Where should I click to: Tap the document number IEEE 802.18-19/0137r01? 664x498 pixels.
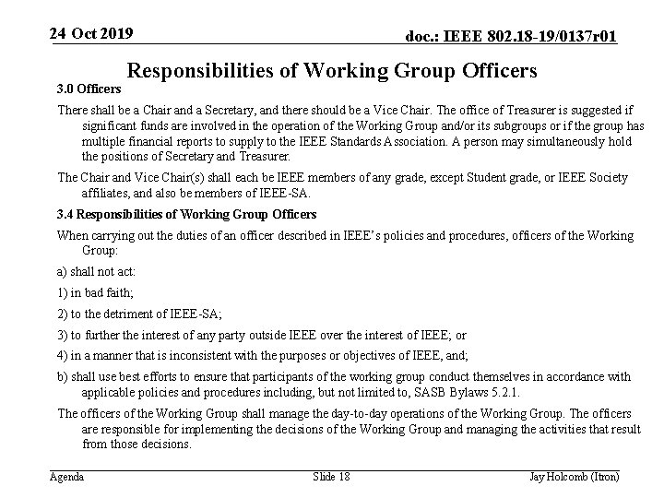pos(512,36)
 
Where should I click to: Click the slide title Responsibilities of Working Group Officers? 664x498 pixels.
pos(331,70)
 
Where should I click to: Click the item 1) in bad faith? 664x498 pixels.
pos(96,293)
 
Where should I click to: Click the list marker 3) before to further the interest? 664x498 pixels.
pos(63,336)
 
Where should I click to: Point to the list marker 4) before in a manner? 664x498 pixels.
pos(63,355)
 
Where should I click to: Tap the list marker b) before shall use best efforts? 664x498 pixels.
pos(63,376)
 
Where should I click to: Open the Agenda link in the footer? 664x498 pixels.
pos(66,476)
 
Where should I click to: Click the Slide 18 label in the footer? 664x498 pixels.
pos(332,476)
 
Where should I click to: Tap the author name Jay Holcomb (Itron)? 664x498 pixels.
pos(574,476)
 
